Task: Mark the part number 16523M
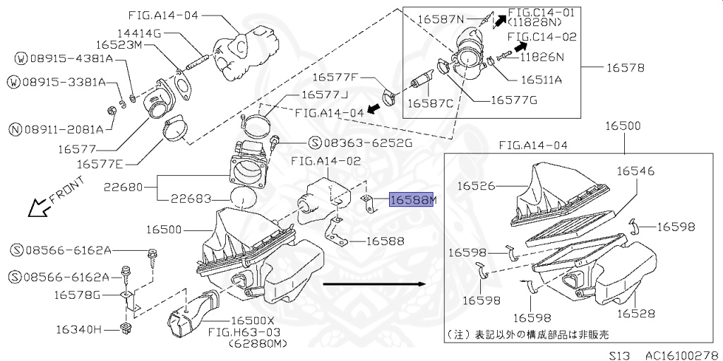coord(140,45)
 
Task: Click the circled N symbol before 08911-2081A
coord(14,129)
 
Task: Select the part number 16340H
coord(80,329)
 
